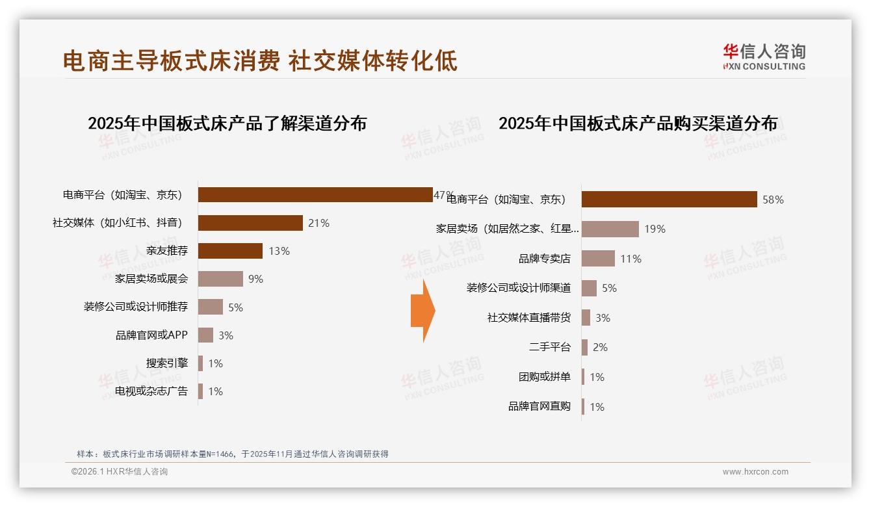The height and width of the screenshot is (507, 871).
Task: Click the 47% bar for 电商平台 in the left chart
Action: click(315, 195)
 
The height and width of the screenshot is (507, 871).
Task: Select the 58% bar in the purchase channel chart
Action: click(669, 199)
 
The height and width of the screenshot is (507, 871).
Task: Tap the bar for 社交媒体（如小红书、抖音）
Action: click(250, 223)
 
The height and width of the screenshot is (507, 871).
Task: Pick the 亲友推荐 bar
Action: click(230, 251)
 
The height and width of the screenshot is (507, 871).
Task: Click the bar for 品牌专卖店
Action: click(598, 259)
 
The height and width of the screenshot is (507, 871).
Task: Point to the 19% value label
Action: click(655, 229)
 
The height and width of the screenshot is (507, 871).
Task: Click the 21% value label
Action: click(318, 223)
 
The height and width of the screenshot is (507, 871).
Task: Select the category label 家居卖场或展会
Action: click(151, 278)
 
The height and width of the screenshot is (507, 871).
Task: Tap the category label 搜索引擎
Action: click(167, 363)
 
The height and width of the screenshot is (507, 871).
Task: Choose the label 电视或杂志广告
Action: click(151, 391)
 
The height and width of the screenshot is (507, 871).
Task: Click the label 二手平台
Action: click(550, 347)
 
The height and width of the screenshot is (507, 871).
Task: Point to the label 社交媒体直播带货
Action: click(529, 318)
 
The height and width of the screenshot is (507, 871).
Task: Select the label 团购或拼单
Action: click(545, 377)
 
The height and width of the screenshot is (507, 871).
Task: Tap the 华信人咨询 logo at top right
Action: click(764, 57)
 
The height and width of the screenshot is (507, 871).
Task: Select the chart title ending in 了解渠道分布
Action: click(227, 123)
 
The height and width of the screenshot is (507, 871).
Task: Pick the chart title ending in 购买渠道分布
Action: click(638, 123)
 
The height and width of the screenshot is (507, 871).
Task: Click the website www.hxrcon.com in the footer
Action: click(755, 472)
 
